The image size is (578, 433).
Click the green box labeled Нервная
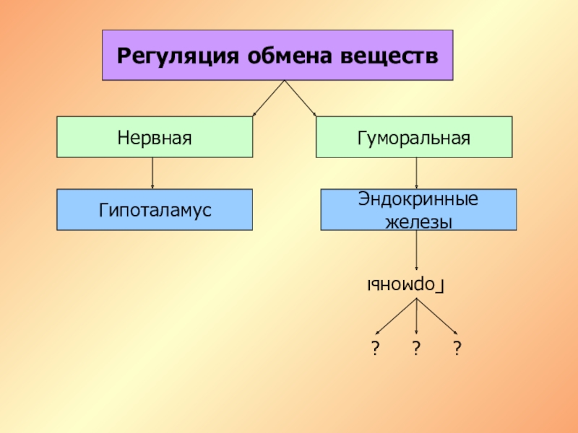coord(155,137)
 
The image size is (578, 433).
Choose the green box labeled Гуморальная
coord(414,137)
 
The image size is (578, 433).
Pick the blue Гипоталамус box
coord(155,210)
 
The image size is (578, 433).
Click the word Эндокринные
coord(418,199)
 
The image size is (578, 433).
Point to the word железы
coord(418,222)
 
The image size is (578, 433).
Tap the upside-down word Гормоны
coord(407,286)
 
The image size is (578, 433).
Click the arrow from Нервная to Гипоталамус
coord(152,173)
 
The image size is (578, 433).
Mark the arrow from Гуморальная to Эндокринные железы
coord(416,173)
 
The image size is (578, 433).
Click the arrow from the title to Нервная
coord(269,97)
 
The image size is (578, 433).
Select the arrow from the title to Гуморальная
coord(301,97)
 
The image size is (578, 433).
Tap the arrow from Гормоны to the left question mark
coord(397,316)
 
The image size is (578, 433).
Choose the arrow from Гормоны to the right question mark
coord(436,316)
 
